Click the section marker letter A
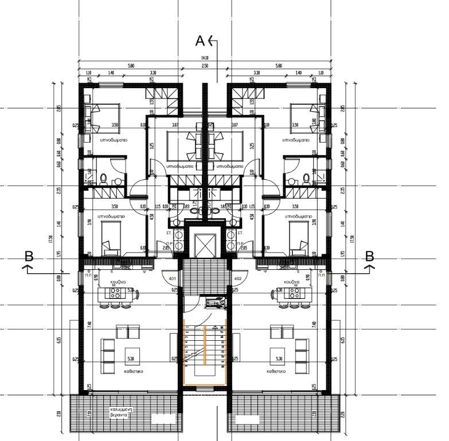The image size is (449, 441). click(x=200, y=41)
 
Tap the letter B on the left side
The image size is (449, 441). click(x=29, y=256)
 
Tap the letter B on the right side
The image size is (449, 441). click(x=370, y=256)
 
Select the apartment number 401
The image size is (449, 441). click(x=172, y=279)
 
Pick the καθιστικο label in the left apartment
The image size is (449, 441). click(x=132, y=371)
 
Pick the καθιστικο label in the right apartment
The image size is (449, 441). click(x=277, y=371)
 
